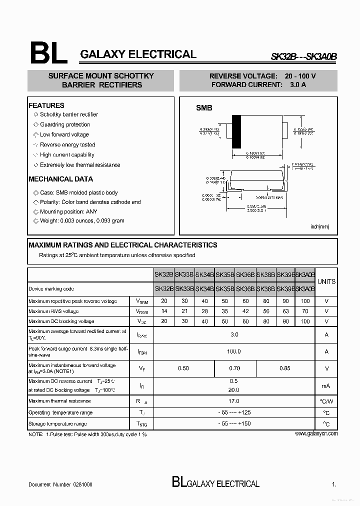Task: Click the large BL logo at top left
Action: point(48,52)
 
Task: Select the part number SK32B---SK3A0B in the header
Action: point(304,57)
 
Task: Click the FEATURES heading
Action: point(46,105)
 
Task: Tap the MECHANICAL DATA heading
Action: point(60,179)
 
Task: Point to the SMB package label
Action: point(204,108)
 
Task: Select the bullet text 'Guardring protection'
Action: point(65,124)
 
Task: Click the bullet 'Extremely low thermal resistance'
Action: point(80,165)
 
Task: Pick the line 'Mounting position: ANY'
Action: point(68,211)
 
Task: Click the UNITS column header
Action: point(326,281)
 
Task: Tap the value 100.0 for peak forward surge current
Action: point(233,351)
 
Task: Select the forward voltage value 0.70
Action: point(234,368)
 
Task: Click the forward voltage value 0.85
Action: point(285,368)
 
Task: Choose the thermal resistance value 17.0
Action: point(233,401)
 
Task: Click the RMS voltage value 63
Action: point(285,311)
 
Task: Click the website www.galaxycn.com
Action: point(316,433)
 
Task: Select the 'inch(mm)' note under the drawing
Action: point(320,226)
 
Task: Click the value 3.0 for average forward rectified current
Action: point(234,334)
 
